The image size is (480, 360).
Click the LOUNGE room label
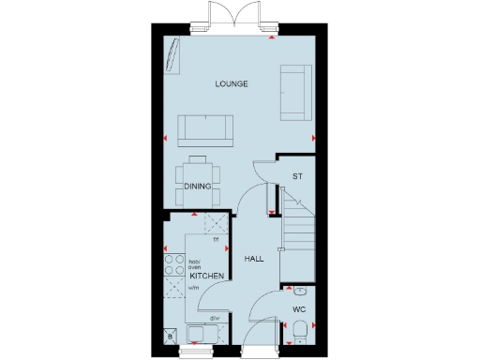pyautogui.click(x=231, y=84)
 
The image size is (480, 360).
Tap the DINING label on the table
pyautogui.click(x=196, y=186)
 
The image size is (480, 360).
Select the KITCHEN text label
pyautogui.click(x=205, y=277)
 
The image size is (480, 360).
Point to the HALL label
pyautogui.click(x=254, y=259)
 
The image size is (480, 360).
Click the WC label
pyautogui.click(x=299, y=307)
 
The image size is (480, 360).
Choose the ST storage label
pyautogui.click(x=297, y=176)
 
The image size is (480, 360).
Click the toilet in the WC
pyautogui.click(x=299, y=330)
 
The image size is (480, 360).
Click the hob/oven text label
pyautogui.click(x=195, y=264)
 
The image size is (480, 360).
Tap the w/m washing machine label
pyautogui.click(x=194, y=289)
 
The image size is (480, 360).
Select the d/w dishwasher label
pyautogui.click(x=214, y=319)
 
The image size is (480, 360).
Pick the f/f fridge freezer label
pyautogui.click(x=216, y=241)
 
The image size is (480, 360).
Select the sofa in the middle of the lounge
pyautogui.click(x=206, y=127)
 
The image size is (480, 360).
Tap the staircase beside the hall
pyautogui.click(x=300, y=234)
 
